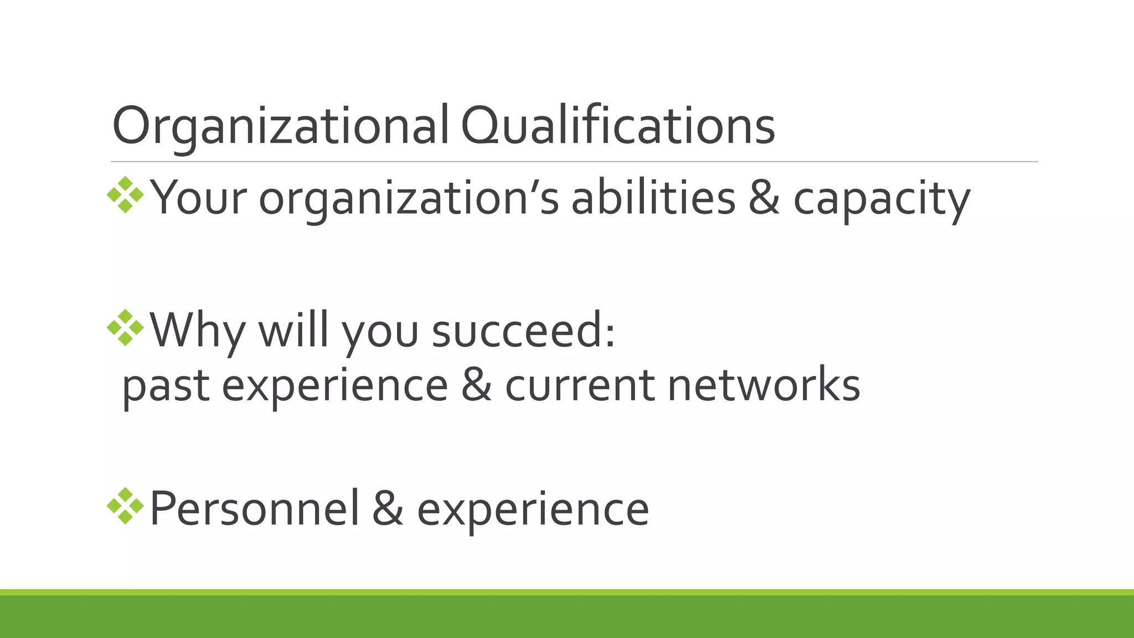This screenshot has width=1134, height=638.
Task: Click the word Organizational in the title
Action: (x=280, y=126)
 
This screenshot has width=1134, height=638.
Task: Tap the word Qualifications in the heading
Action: (x=617, y=126)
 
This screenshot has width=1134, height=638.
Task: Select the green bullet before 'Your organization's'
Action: (x=125, y=195)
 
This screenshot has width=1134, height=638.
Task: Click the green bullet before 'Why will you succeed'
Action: (x=125, y=328)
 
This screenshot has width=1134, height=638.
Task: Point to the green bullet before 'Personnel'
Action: (x=125, y=506)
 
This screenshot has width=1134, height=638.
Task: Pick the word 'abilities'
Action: (x=653, y=198)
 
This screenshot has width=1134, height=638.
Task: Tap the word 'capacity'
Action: (x=882, y=199)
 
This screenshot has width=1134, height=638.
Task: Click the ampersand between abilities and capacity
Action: (x=764, y=198)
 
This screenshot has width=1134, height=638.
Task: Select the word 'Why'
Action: (x=197, y=331)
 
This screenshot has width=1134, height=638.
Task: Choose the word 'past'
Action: (x=166, y=386)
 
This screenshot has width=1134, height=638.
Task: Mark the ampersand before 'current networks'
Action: (x=476, y=385)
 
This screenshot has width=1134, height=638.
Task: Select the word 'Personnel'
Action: (x=254, y=508)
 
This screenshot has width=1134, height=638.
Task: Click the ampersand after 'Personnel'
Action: (x=388, y=508)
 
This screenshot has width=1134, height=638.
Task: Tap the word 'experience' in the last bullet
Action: (x=533, y=510)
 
